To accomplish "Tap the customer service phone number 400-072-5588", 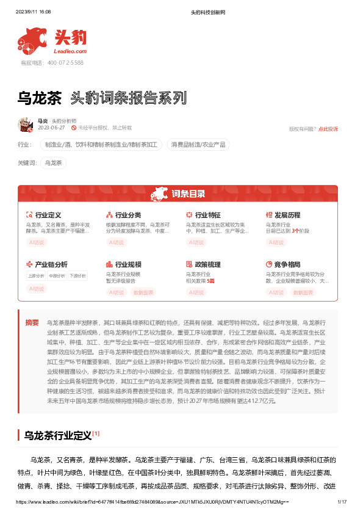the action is [x=61, y=63].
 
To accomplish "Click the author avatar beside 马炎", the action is [x=25, y=125].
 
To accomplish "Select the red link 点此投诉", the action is [x=328, y=129].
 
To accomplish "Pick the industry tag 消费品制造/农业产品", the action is [x=198, y=145].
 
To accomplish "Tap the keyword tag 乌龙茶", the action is [x=54, y=163].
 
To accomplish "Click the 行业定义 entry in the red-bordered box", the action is [x=48, y=215].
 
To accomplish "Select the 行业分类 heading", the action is [x=128, y=215].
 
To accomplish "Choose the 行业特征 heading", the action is [x=207, y=215].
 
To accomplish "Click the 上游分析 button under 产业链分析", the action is [x=36, y=276].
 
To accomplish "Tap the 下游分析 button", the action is [x=77, y=276].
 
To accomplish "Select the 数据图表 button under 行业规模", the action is [x=144, y=292].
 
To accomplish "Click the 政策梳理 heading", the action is [x=207, y=264].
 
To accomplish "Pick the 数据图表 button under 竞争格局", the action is [x=303, y=292].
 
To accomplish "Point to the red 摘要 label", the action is [x=32, y=322].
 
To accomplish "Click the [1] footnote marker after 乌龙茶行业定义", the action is [x=96, y=433].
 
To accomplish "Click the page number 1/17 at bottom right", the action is [x=342, y=502].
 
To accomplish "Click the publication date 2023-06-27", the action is [x=51, y=128].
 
